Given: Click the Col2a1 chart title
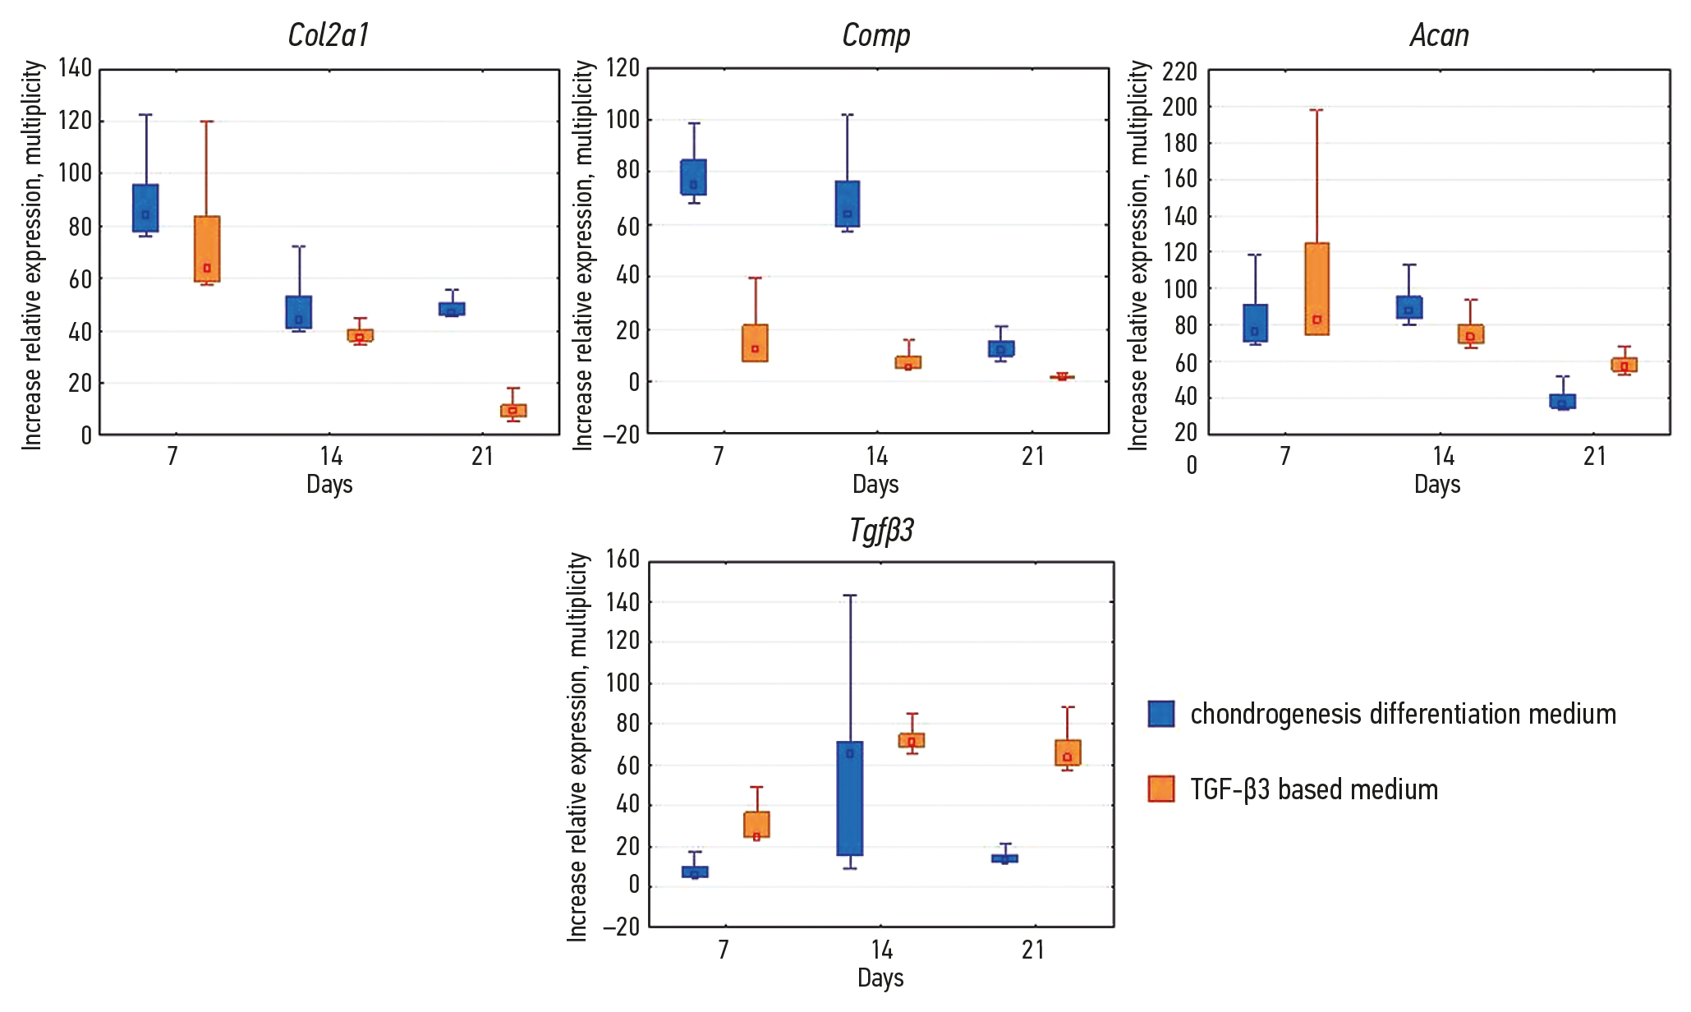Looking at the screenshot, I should click(329, 35).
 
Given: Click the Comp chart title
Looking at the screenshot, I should click(876, 35).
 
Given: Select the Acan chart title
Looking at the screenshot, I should click(1439, 35).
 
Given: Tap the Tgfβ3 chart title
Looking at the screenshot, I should click(881, 531).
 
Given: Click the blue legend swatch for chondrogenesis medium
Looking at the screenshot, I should click(1161, 714).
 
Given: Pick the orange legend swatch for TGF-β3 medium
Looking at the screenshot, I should click(1161, 789).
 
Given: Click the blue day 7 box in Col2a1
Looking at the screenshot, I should click(146, 208).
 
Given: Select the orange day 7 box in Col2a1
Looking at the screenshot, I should click(207, 249).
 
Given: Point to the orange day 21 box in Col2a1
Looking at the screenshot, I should click(513, 411).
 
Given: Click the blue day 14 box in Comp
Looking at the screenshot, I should click(848, 204).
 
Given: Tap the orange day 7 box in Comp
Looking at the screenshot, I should click(756, 343).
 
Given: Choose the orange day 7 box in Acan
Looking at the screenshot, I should click(1316, 289).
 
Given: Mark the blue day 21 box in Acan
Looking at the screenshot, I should click(1563, 402).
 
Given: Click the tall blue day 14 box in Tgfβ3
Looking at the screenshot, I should click(850, 798).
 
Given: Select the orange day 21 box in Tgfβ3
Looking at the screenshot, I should click(1068, 752).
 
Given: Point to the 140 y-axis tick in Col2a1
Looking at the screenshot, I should click(76, 68).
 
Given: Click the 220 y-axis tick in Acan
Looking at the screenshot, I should click(1179, 72).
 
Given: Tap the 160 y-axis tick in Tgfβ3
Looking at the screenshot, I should click(623, 559).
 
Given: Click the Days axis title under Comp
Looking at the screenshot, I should click(875, 485).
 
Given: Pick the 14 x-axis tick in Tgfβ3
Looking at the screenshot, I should click(881, 950).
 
